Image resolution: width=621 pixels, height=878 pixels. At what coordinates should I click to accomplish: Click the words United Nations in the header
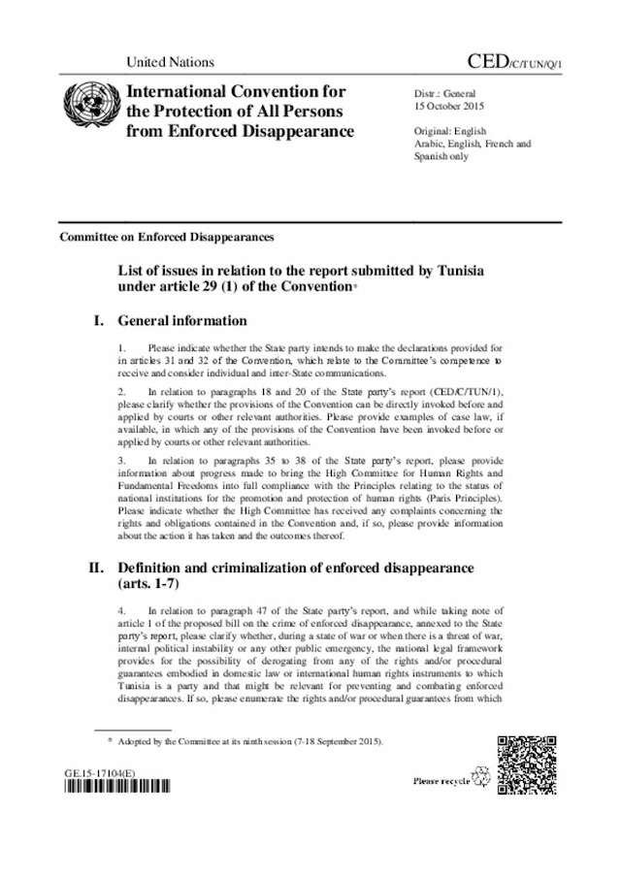click(170, 63)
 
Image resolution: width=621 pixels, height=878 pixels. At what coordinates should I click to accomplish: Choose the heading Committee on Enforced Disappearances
click(166, 237)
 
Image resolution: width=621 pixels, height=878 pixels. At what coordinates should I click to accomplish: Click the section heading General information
click(182, 321)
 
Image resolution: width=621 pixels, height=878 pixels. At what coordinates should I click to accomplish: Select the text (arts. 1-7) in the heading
click(151, 586)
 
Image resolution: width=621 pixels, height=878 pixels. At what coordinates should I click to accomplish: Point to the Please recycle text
click(441, 780)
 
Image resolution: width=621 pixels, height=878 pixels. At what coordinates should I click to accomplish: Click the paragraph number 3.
click(119, 461)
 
